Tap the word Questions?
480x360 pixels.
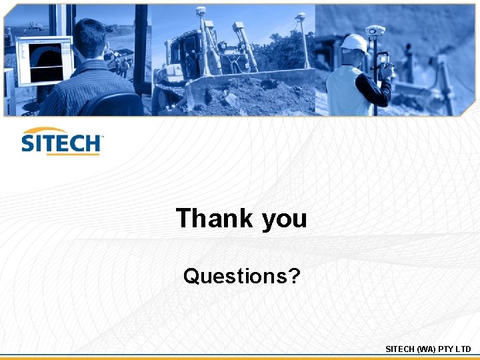click(x=241, y=275)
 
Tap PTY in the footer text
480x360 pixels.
click(x=447, y=349)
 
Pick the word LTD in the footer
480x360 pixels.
click(x=464, y=349)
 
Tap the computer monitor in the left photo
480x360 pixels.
click(x=45, y=61)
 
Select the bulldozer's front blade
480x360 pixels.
click(x=247, y=80)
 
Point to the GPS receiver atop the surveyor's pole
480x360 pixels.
click(x=375, y=30)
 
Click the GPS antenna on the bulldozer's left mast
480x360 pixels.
click(x=200, y=11)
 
